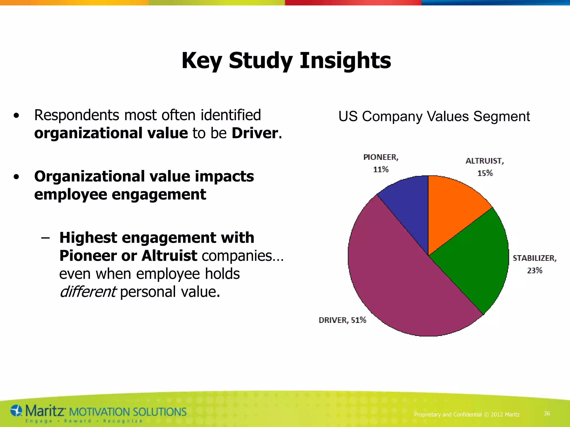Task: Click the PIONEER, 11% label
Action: [x=381, y=163]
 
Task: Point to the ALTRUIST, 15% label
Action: [x=485, y=167]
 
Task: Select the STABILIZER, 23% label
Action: [x=534, y=264]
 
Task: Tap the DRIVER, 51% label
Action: [x=342, y=320]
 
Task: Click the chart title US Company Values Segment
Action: [x=434, y=116]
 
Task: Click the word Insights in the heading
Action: [x=345, y=61]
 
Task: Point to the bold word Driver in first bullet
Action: [x=255, y=133]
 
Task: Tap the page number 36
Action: [x=547, y=414]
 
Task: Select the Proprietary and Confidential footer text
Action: [x=467, y=414]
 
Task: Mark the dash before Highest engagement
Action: [x=45, y=238]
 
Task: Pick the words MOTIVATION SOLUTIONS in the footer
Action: [x=127, y=412]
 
